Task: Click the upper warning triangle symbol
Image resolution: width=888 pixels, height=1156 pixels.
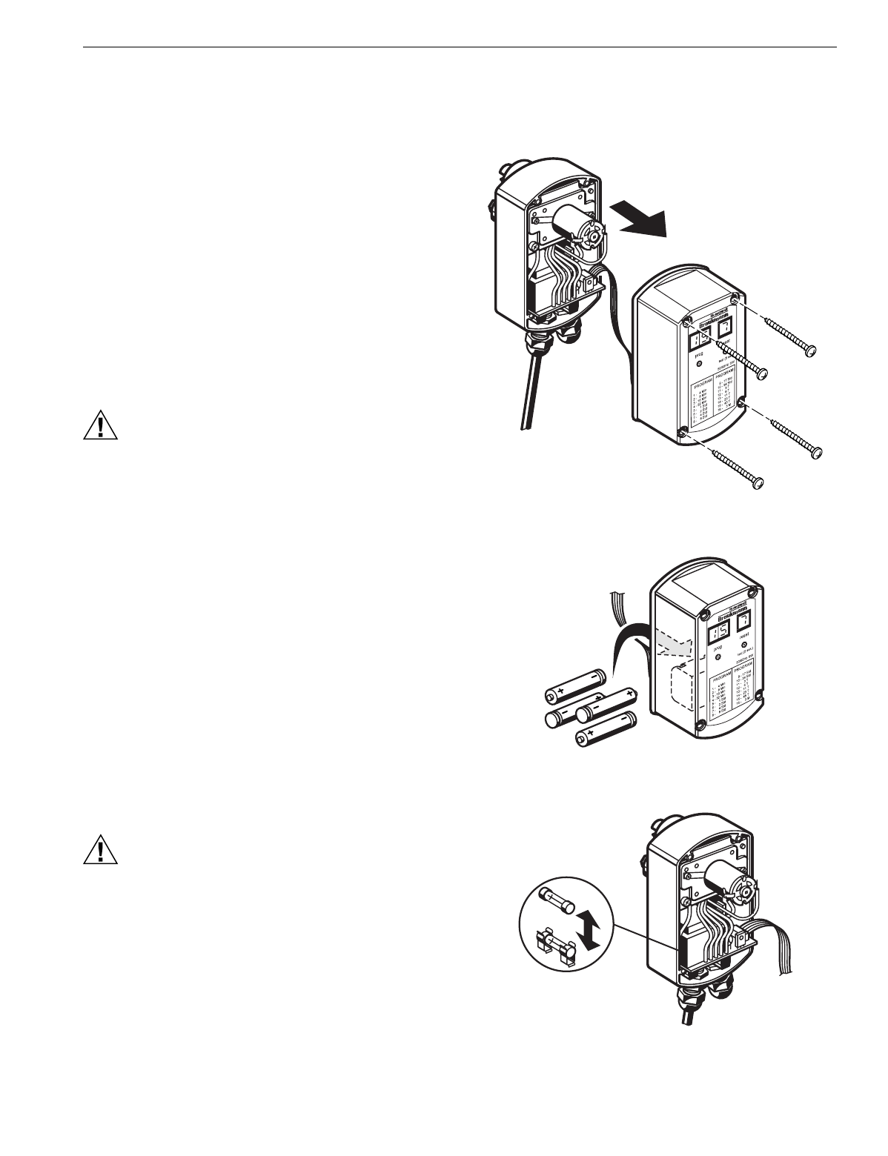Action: pos(99,424)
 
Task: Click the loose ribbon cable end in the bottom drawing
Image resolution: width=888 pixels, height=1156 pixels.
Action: pos(786,956)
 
